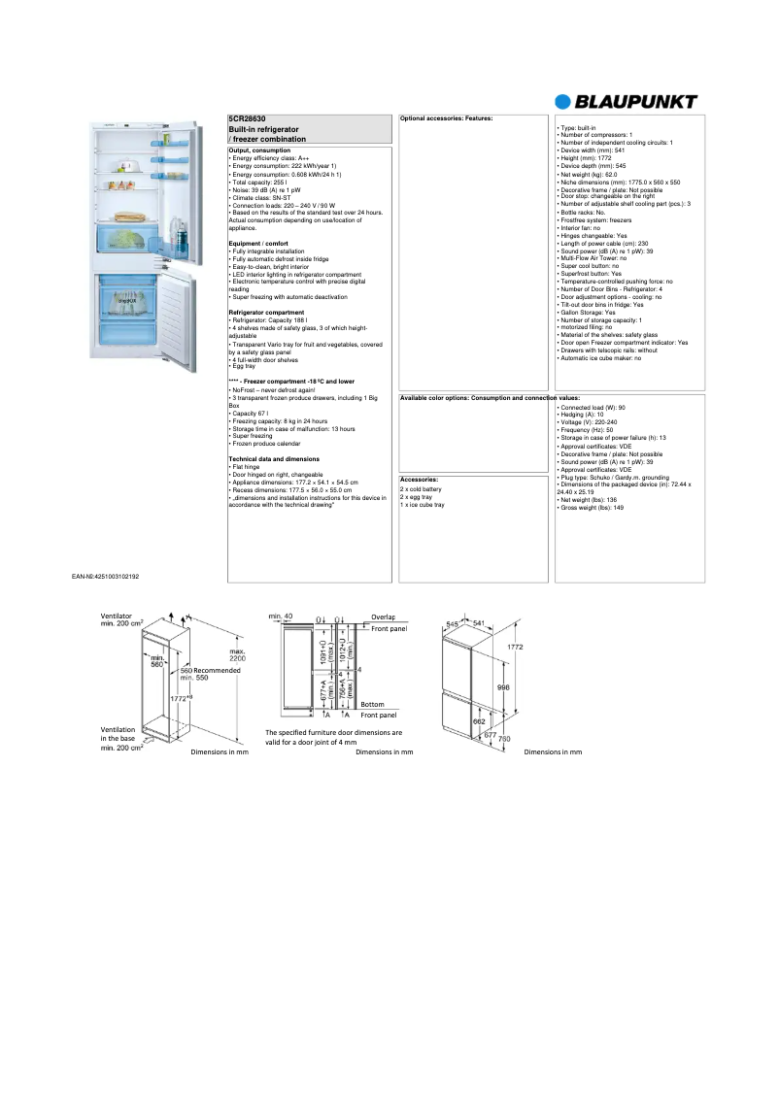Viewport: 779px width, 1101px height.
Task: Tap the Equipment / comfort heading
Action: [x=256, y=243]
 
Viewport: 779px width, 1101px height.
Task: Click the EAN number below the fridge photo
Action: [x=105, y=577]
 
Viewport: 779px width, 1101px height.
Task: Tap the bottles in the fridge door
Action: [x=181, y=233]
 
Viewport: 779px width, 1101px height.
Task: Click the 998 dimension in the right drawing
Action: [x=503, y=686]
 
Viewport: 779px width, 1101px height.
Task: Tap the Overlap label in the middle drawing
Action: [x=383, y=617]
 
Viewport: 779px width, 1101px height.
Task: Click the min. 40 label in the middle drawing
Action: [x=281, y=616]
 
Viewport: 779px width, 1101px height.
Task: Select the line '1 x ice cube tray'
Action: [x=423, y=505]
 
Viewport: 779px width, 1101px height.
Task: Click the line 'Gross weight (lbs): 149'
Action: [x=592, y=508]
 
